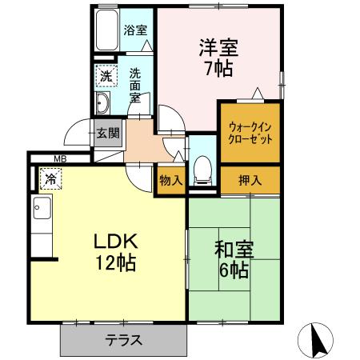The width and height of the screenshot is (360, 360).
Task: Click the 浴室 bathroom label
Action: coord(135,31)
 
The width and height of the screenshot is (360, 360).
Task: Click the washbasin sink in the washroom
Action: coord(104,104)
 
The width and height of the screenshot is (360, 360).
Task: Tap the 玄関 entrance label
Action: coord(109,134)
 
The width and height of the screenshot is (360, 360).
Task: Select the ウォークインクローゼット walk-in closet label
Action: coord(250,132)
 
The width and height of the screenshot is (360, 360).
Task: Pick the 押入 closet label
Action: coord(250,180)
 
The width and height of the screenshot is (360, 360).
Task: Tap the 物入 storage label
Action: coord(170,180)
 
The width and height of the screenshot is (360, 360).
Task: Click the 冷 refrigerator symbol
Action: coord(50,180)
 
